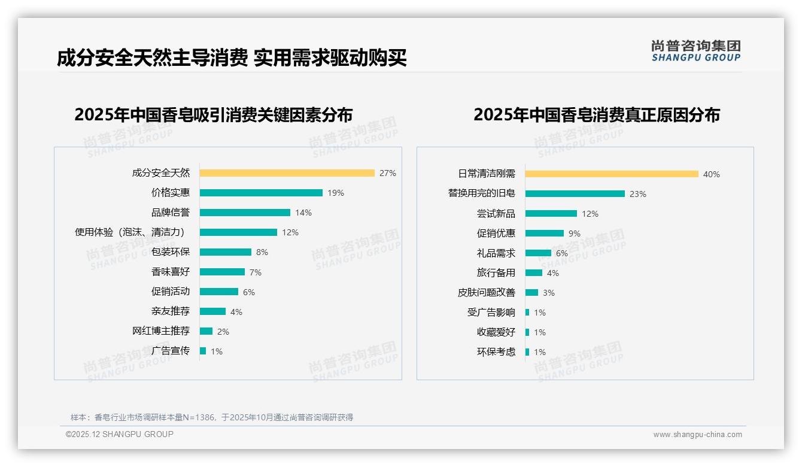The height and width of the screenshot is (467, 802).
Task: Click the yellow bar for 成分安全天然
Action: [287, 173]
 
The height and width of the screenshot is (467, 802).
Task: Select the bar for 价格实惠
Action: [261, 193]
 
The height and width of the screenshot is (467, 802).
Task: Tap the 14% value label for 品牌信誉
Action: [303, 213]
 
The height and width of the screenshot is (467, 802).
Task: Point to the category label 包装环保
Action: [171, 252]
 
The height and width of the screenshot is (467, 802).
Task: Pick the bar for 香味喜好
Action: [222, 272]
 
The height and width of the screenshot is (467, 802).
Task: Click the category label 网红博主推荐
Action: [161, 331]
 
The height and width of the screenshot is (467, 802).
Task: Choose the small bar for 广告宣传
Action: [203, 351]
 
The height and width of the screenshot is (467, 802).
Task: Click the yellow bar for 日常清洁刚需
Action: [612, 174]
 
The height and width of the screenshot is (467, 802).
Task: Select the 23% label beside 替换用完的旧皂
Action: [638, 194]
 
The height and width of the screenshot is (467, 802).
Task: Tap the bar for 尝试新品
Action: [551, 214]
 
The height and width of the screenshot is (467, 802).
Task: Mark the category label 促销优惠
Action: [496, 233]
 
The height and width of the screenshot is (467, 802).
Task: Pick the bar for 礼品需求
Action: [538, 253]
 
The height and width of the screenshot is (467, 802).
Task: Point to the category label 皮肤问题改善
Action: [487, 293]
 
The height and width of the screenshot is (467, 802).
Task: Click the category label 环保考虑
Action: [496, 352]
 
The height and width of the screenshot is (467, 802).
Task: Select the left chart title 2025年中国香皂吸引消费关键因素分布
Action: [214, 114]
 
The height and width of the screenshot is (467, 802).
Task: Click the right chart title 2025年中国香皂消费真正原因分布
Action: [597, 114]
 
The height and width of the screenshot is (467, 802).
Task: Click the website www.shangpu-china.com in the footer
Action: [697, 435]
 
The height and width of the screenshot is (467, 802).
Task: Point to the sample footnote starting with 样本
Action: [212, 417]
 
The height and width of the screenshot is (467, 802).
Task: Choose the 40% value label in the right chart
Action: [712, 174]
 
